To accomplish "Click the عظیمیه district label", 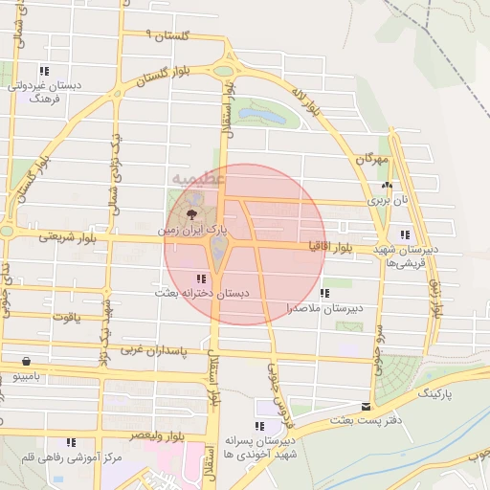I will point(200,178).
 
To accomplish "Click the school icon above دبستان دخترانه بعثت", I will point(200,278).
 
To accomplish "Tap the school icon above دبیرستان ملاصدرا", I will point(324,293).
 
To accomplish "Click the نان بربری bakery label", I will point(391,201).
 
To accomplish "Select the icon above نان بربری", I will point(386,186).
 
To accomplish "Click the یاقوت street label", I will point(68,314).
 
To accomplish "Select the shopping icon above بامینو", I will point(24,363).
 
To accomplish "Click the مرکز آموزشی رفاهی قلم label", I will point(61,457).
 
